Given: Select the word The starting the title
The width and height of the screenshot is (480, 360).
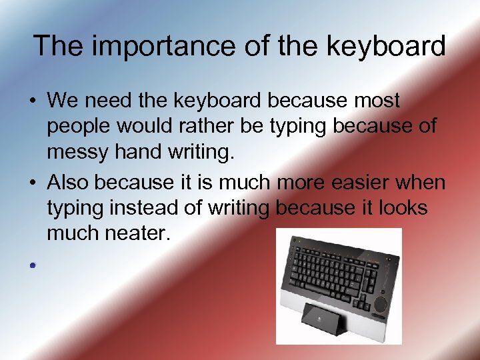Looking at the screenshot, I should (57, 47).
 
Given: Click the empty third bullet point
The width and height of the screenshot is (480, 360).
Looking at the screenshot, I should (32, 265).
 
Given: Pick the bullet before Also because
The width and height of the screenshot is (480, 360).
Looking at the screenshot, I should (32, 182).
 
